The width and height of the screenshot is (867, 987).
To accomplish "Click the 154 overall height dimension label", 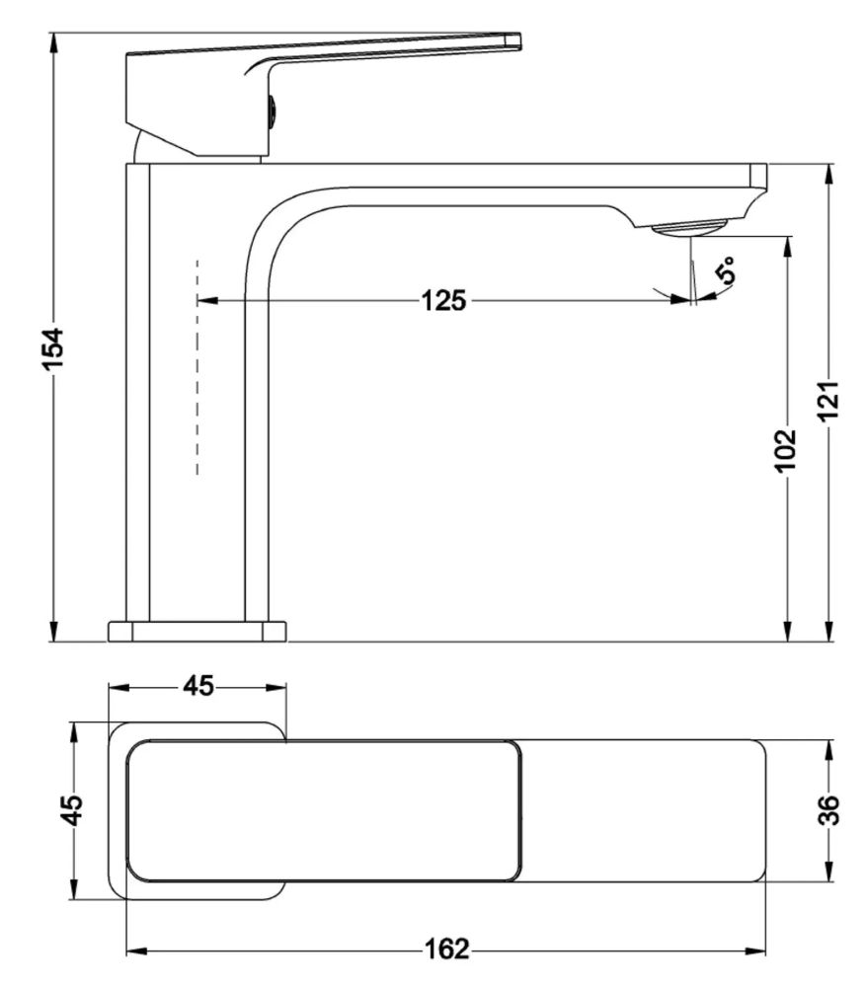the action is pyautogui.click(x=55, y=348).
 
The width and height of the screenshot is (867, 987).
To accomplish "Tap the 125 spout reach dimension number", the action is pyautogui.click(x=444, y=300).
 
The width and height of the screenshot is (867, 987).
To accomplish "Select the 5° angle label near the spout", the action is pyautogui.click(x=725, y=270).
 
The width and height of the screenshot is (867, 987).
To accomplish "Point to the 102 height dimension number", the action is pyautogui.click(x=786, y=449).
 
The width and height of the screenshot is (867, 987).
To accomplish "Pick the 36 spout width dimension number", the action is pyautogui.click(x=829, y=810).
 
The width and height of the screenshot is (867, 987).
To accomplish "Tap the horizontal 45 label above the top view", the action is pyautogui.click(x=198, y=686).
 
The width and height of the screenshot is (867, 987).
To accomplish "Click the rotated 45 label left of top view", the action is pyautogui.click(x=73, y=810).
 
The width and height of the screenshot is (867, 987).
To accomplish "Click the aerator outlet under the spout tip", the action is pyautogui.click(x=689, y=227).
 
